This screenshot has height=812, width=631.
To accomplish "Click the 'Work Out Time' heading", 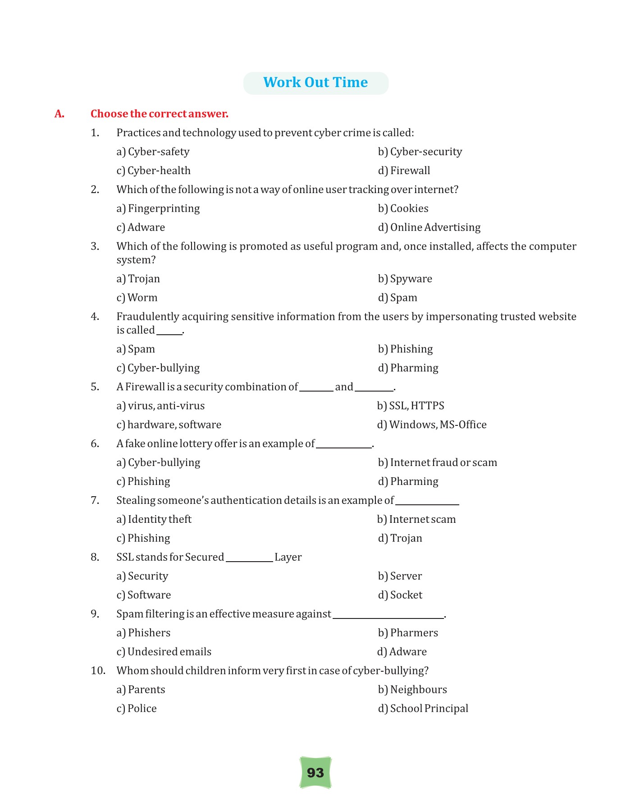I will pos(315,83).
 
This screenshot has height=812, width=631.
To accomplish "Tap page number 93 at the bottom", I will pos(315,773).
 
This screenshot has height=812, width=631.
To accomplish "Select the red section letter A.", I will pos(59,114).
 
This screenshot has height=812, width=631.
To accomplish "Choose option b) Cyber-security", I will pos(420,152).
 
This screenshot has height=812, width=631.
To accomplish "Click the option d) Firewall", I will pos(404,171).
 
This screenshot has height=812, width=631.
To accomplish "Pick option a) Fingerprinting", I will pos(158,208).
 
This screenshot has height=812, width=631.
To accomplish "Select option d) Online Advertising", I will pos(429,227).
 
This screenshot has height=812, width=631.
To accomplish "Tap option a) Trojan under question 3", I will pos(138,279).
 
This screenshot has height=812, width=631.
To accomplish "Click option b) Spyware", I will pos(405,279).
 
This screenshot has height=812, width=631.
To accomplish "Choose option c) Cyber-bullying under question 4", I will pos(158,368).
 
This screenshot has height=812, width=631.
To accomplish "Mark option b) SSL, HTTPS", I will pos(410,406).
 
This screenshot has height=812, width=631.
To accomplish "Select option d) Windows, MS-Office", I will pos(431,425).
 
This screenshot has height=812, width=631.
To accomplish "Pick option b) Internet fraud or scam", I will pos(437,463).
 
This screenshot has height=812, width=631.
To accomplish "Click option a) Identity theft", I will pos(154,520).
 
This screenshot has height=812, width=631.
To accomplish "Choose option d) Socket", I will pos(400,595).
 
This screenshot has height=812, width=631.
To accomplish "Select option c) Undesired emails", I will pos(164,652).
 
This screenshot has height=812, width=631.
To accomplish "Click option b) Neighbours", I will pos(412,690).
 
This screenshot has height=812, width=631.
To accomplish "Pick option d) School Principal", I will pos(423,709).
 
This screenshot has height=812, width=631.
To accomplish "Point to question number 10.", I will pos(98,671).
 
